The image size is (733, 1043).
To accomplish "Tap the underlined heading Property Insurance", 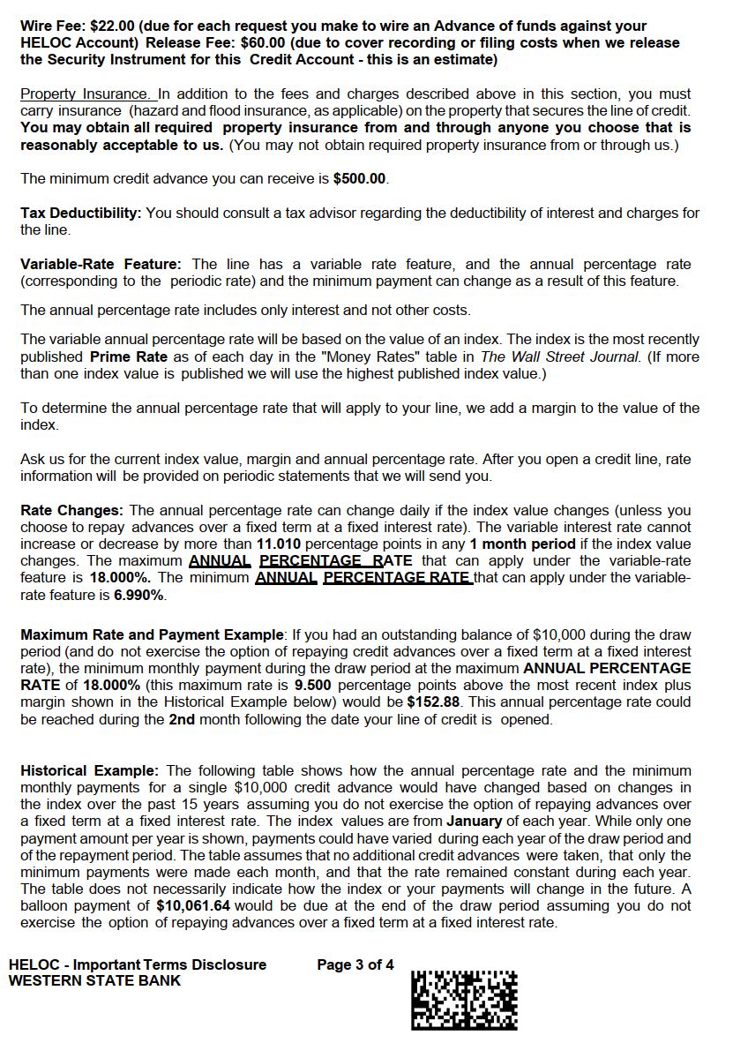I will click(x=86, y=94).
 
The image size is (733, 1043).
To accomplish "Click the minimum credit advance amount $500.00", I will click(x=360, y=179).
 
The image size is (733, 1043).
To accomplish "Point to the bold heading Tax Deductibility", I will click(x=80, y=214).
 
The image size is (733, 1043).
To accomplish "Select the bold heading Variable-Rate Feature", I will click(x=101, y=265).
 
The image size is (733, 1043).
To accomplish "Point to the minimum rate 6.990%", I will click(x=139, y=596).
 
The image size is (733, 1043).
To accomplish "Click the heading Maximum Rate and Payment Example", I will click(x=153, y=635).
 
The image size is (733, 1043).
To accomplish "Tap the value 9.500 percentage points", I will click(x=313, y=686).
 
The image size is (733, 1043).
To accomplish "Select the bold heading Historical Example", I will click(x=89, y=771).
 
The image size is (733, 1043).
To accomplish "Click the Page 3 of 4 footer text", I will click(x=355, y=964).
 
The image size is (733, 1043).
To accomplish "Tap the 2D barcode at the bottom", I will click(x=464, y=1000).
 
